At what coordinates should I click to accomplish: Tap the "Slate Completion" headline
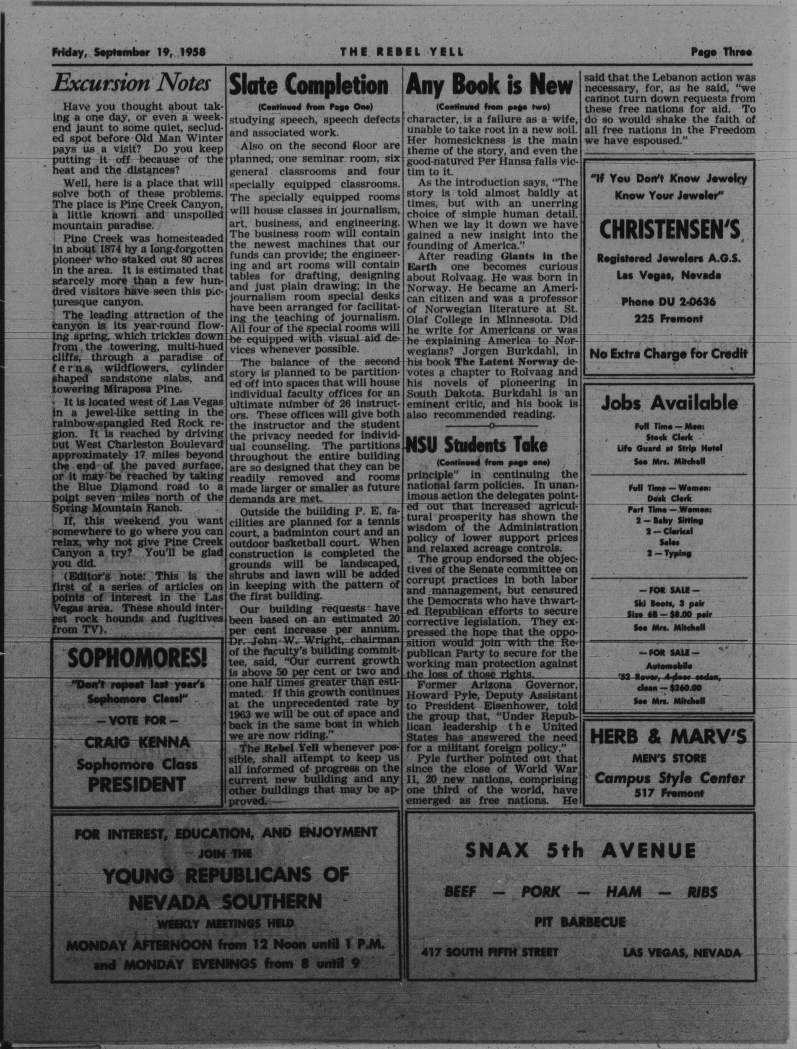point(309,86)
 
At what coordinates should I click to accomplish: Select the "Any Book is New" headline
point(489,86)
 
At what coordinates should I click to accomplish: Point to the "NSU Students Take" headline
point(478,445)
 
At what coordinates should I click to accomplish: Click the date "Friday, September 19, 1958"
point(129,52)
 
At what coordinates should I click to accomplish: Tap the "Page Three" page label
point(721,52)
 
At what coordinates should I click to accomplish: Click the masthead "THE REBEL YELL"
point(401,52)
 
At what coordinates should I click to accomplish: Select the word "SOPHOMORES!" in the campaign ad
point(137,658)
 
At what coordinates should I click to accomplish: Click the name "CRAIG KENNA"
point(137,742)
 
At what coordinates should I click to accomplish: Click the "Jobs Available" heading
point(669,403)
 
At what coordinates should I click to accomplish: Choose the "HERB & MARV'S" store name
point(668,737)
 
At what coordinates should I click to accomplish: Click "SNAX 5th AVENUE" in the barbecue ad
point(580,851)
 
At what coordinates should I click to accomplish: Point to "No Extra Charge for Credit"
point(668,354)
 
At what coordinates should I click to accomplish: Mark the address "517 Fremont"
point(669,793)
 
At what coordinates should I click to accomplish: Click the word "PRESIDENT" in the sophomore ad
point(137,784)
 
